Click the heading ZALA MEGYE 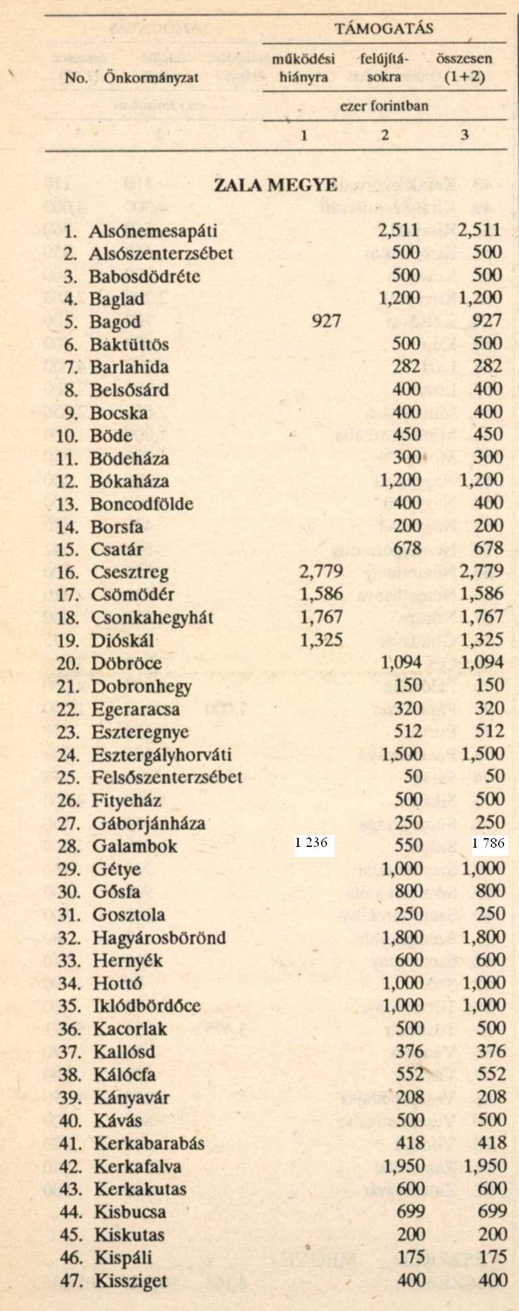(275, 185)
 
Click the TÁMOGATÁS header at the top (383, 28)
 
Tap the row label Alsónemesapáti (153, 231)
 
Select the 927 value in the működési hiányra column (326, 321)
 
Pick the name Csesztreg (130, 572)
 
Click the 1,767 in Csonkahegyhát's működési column (320, 617)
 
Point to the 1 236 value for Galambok (311, 843)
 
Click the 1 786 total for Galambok (489, 843)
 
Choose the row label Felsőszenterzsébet (167, 777)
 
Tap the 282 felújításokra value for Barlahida (407, 367)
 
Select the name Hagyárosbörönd (159, 938)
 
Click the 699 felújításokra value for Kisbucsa (410, 1211)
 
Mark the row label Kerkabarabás (149, 1143)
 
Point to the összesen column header (464, 59)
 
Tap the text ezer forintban (384, 106)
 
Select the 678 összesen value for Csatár (489, 549)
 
